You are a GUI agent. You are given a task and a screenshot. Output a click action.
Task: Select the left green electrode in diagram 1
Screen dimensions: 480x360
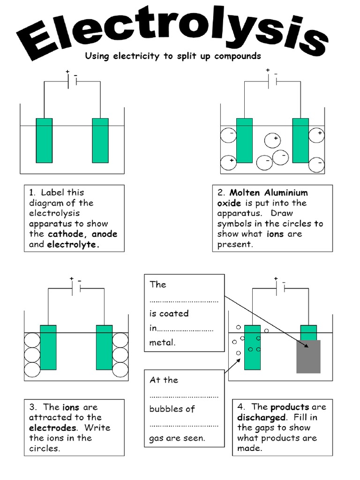point(44,140)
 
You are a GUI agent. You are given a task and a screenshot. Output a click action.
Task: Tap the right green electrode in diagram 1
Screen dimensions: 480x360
point(100,140)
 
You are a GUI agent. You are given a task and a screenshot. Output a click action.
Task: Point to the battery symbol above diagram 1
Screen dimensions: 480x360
point(72,81)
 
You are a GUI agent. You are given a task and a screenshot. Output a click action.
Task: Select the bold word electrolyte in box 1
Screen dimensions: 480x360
point(73,244)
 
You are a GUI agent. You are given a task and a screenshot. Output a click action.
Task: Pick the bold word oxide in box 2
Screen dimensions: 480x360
point(229,203)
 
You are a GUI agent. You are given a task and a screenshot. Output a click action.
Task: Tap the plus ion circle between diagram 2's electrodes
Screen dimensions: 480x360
point(272,140)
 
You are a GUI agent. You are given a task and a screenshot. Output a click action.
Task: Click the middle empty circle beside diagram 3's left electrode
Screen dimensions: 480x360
point(32,354)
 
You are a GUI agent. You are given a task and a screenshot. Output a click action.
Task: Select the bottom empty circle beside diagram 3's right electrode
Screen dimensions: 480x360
point(120,369)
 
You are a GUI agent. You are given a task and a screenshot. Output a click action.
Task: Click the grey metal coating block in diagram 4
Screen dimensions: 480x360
point(308,357)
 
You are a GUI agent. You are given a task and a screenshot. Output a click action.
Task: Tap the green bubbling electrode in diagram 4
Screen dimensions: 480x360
point(252,347)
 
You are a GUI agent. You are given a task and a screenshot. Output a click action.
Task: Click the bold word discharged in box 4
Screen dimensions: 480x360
point(261,417)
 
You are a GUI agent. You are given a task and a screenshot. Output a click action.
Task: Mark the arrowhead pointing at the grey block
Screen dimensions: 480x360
point(306,346)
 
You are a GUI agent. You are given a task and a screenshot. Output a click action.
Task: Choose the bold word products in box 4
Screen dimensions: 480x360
point(290,407)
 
